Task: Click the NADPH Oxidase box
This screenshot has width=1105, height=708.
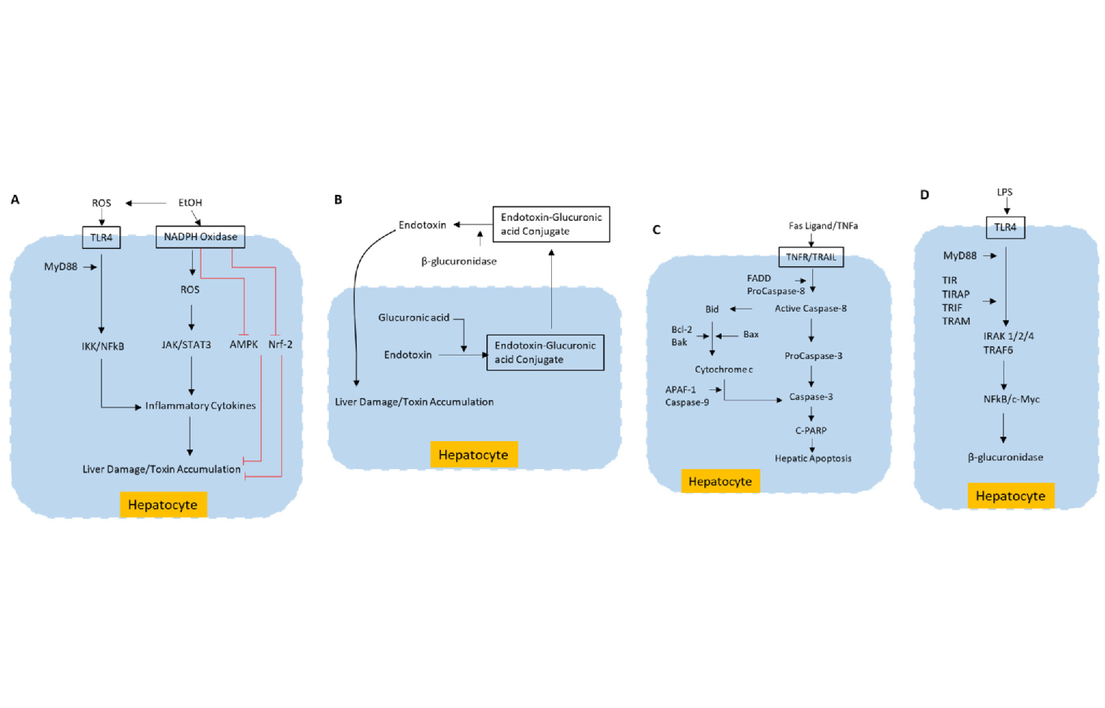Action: [200, 237]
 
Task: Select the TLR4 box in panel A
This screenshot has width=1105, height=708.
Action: [101, 237]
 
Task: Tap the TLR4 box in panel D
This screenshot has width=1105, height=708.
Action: [1005, 227]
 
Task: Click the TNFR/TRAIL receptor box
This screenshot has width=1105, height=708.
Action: [811, 257]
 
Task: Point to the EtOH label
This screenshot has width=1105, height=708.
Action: [190, 203]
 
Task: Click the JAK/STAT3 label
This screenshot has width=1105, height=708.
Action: [186, 345]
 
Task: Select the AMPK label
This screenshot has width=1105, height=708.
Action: [243, 345]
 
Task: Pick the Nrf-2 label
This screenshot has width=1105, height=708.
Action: [280, 345]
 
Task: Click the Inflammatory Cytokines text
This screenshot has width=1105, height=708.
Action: [200, 406]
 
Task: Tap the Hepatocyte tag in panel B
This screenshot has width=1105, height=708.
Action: [473, 455]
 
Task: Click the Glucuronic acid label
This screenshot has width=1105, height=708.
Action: [414, 317]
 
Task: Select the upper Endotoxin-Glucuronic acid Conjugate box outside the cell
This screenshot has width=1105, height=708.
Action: [551, 224]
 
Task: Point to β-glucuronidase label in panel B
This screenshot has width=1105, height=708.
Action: [459, 261]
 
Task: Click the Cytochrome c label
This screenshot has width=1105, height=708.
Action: [724, 369]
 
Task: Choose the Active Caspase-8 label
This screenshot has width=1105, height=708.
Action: [811, 309]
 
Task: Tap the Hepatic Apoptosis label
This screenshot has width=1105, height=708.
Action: [813, 458]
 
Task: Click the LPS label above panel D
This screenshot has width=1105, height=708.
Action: [1005, 192]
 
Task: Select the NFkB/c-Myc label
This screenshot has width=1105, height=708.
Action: [1011, 399]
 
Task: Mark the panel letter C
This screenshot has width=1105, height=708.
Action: [656, 230]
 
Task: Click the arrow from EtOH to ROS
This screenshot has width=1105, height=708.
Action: [147, 203]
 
